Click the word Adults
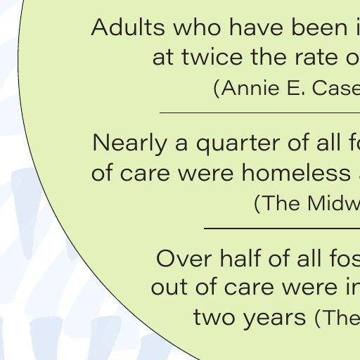pos(128,27)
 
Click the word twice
pos(212,57)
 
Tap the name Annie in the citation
pos(250,88)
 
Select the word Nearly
pos(130,143)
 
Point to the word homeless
pos(296,173)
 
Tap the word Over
pos(184,259)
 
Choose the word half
pos(240,258)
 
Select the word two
pos(214,317)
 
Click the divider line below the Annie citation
pos(260,113)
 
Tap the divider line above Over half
pos(282,228)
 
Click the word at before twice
pos(163,58)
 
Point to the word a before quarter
pos(181,145)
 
